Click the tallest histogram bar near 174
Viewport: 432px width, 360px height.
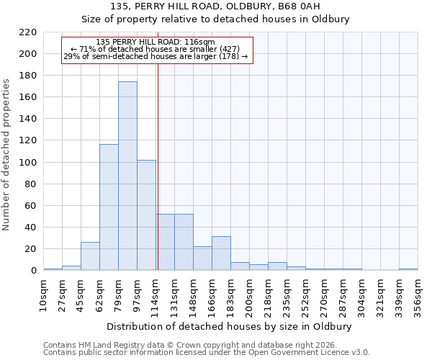(127, 176)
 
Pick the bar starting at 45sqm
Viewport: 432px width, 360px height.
(90, 256)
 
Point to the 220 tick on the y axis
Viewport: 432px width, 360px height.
(27, 32)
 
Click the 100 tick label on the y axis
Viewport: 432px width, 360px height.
(27, 163)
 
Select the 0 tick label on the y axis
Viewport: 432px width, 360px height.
(33, 271)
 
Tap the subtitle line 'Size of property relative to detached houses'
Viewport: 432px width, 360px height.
(215, 19)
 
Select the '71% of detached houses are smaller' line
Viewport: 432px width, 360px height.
(156, 49)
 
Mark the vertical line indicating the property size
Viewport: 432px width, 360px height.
(157, 180)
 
